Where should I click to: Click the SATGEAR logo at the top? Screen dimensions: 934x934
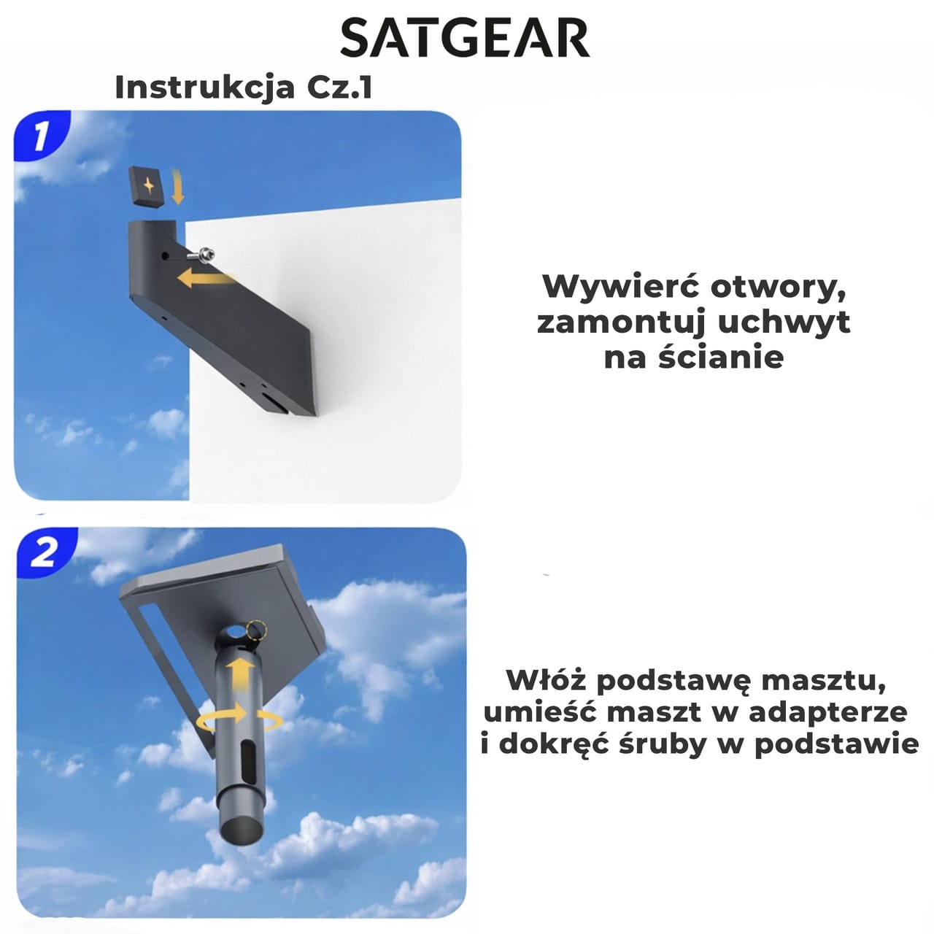[465, 39]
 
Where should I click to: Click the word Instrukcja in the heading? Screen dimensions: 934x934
[204, 88]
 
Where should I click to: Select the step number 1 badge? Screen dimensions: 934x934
[42, 136]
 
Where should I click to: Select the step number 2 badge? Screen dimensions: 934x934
[45, 553]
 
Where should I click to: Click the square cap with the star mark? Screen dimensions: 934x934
[147, 187]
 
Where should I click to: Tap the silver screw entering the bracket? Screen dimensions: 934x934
[203, 253]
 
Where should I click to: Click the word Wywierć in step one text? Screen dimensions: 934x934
[621, 287]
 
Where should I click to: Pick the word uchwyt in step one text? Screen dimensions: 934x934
[784, 323]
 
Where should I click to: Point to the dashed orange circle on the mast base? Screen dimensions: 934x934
[255, 631]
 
